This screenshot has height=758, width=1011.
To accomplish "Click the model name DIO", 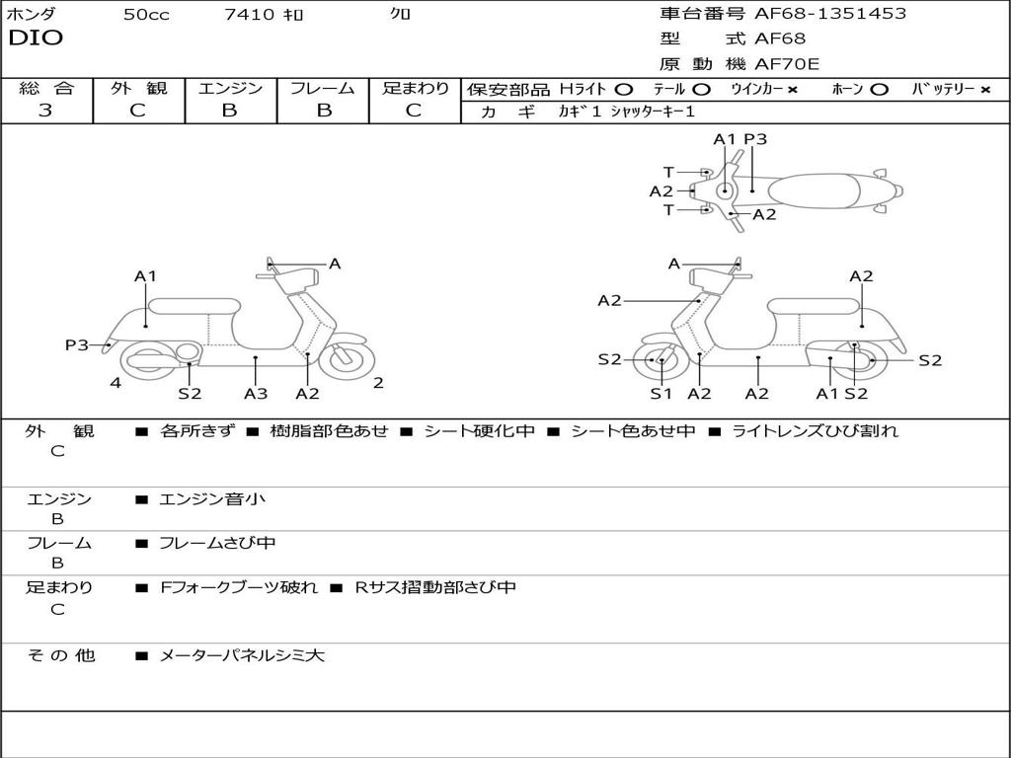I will pos(36,38).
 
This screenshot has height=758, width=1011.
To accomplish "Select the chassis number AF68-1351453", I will pos(829,14).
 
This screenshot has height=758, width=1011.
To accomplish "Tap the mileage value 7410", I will pos(250,15).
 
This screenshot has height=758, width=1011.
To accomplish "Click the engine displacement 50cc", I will pos(145,15).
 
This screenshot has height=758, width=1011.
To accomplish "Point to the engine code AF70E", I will pos(786,64).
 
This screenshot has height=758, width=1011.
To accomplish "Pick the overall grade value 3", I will pos(45,111).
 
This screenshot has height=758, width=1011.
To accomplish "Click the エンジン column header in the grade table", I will pos(230,88).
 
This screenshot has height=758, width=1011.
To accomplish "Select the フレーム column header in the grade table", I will pos(323,88).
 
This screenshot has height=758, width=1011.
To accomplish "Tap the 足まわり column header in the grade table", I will pos(415,88).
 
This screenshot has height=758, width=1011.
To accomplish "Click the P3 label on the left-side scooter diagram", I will pos(77,344).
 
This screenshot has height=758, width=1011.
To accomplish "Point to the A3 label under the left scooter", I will pos(256,394).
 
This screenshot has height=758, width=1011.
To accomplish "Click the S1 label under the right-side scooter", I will pos(661,394).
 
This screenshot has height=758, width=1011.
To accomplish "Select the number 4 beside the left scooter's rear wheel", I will pos(116,383).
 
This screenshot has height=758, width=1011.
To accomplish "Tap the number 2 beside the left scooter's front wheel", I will pos(378,383).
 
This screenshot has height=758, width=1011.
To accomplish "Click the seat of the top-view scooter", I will pos(818,189).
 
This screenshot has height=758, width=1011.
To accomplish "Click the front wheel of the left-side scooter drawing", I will pos(346,359).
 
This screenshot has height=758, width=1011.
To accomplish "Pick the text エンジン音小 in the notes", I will pos(212,499).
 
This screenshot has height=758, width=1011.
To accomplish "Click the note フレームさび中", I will pos(217,543).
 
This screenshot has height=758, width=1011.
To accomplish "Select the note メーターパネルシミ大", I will pos(242,655).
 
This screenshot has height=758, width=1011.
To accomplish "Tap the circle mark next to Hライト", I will pos(623,89).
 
